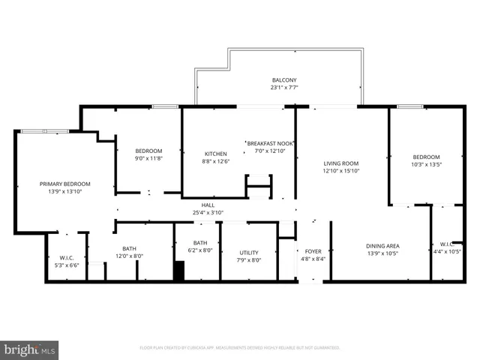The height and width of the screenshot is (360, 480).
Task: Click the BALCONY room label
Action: (283, 80)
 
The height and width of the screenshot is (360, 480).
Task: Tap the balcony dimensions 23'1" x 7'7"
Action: (283, 88)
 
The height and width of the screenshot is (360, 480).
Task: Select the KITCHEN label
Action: (215, 154)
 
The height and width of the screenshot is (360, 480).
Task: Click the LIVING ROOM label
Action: (340, 163)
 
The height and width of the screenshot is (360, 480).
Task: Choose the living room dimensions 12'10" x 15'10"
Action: (340, 171)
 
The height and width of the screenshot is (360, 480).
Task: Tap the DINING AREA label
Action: (382, 246)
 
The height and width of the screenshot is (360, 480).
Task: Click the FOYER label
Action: (313, 252)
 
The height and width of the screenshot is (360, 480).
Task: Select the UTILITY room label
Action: (249, 253)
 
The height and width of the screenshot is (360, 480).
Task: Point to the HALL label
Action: (208, 205)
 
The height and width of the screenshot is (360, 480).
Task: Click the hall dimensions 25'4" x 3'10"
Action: (208, 212)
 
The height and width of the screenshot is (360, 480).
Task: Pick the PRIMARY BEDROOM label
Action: (64, 184)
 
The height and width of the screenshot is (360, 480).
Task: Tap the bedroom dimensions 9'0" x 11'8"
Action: (148, 158)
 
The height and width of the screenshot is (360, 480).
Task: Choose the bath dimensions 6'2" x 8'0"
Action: (200, 250)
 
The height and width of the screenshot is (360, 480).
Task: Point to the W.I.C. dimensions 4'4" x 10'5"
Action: (447, 251)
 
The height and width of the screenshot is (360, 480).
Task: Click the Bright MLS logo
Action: (30, 349)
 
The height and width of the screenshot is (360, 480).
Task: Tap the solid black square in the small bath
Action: (178, 271)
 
